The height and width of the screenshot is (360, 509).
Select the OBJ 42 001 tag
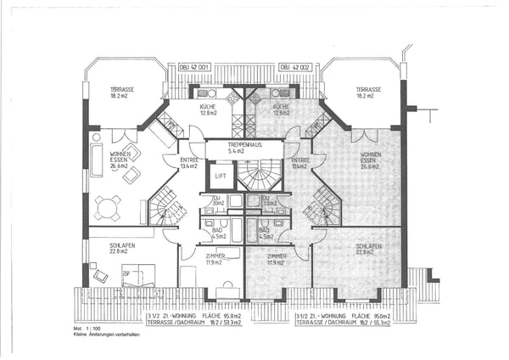tap(196, 65)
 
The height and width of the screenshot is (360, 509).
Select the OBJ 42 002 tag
tap(295, 65)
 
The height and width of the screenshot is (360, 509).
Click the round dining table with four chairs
tap(108, 207)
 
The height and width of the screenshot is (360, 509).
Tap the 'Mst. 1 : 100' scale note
tap(87, 328)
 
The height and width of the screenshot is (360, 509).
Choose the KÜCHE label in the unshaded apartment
tap(209, 109)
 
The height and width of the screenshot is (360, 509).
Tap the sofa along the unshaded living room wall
tap(96, 160)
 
